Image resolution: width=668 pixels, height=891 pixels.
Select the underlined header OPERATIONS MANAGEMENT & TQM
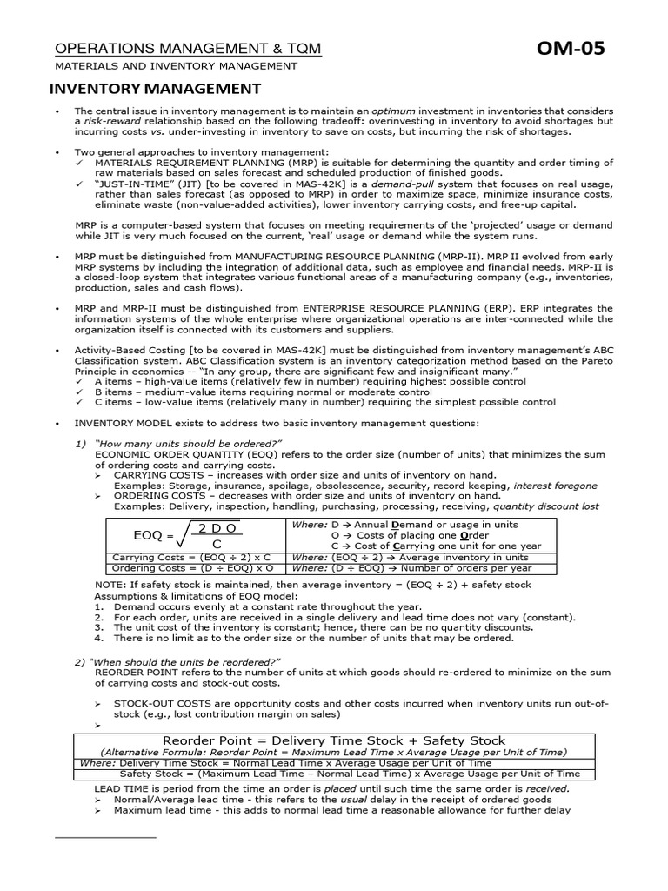click(x=188, y=49)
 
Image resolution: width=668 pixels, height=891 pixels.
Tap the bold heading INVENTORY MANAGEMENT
click(x=154, y=89)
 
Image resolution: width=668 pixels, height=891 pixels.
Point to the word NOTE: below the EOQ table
click(x=110, y=585)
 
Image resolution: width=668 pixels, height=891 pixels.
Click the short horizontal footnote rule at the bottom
click(x=105, y=837)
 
